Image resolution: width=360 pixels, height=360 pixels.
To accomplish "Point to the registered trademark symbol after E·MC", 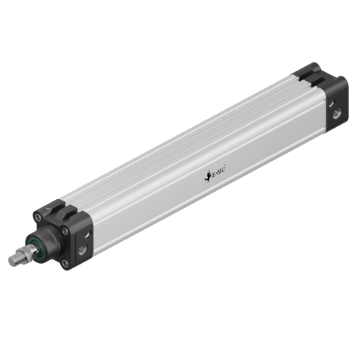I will (x=233, y=169).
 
